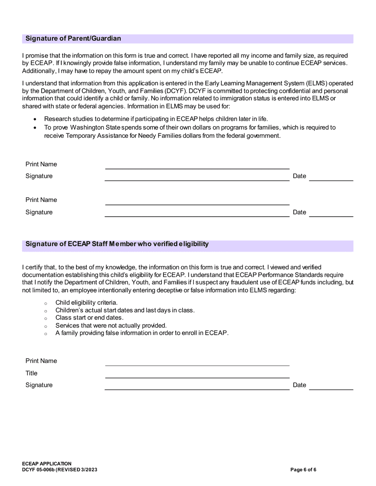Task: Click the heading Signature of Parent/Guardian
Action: [x=73, y=39]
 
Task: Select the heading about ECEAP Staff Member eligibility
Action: [x=117, y=244]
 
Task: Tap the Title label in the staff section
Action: [x=32, y=373]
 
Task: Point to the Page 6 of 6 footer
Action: [x=303, y=470]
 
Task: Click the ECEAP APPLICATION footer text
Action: [x=47, y=464]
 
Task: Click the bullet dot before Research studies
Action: [x=36, y=119]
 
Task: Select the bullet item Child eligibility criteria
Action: [x=86, y=303]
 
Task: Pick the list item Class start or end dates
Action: [x=89, y=318]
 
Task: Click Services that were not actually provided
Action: [x=111, y=326]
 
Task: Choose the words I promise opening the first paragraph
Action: [x=34, y=56]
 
